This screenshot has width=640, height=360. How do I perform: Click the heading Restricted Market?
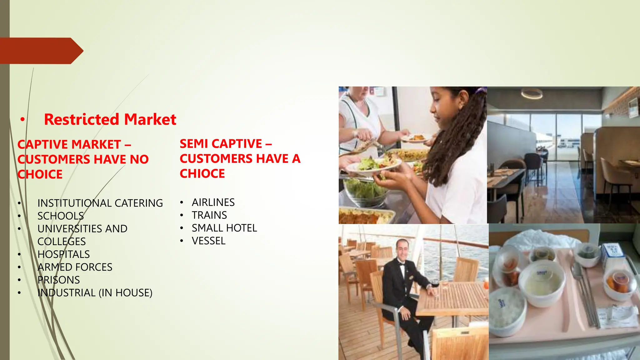point(110,119)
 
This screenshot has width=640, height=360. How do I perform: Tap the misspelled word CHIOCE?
point(202,173)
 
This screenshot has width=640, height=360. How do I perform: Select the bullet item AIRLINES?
point(213,202)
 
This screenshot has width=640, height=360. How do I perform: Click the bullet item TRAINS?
point(209,215)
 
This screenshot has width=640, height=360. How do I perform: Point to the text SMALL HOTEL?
point(224,228)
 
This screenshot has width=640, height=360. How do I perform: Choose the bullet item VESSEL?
point(208,241)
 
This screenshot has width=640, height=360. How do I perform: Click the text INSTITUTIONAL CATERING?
point(100,203)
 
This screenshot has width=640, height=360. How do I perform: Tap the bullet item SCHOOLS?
point(61,216)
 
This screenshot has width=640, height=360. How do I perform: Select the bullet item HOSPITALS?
point(63,254)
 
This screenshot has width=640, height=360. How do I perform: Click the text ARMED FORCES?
point(75,267)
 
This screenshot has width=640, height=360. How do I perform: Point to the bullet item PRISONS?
point(58,280)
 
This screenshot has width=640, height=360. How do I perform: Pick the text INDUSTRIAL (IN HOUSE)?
point(95,293)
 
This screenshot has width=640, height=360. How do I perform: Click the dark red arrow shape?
point(41,51)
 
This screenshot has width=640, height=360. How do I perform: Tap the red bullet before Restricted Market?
point(22,119)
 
